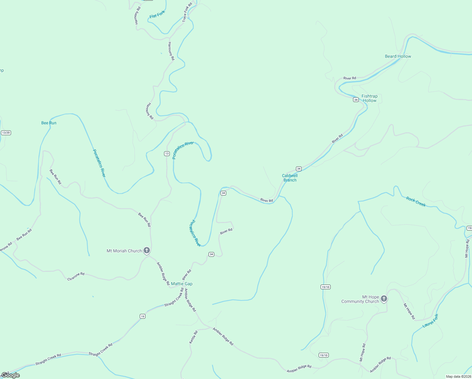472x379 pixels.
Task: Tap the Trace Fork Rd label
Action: [x=187, y=13]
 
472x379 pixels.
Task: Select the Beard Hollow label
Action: [x=398, y=56]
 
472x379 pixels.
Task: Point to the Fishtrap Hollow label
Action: [x=369, y=98]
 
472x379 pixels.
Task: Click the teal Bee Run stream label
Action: [x=49, y=123]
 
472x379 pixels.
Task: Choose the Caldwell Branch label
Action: [x=290, y=178]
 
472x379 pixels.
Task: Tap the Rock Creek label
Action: [x=416, y=202]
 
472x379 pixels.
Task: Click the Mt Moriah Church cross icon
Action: [x=146, y=251]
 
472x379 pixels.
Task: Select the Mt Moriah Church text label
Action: [x=124, y=251]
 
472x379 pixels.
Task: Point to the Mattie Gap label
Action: [x=182, y=284]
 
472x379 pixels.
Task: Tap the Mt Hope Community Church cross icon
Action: [x=384, y=299]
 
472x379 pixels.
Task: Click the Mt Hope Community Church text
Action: [x=360, y=299]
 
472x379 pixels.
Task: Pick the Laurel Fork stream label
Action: [x=430, y=321]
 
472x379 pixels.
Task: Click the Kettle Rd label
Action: [x=193, y=337]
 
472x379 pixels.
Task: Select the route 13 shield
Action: [x=167, y=153]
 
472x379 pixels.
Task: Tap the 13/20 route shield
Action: [x=6, y=133]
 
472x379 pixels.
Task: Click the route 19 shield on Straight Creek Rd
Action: [x=143, y=316]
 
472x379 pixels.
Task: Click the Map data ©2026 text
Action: [x=458, y=376]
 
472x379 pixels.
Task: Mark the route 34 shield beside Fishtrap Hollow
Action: [x=356, y=100]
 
